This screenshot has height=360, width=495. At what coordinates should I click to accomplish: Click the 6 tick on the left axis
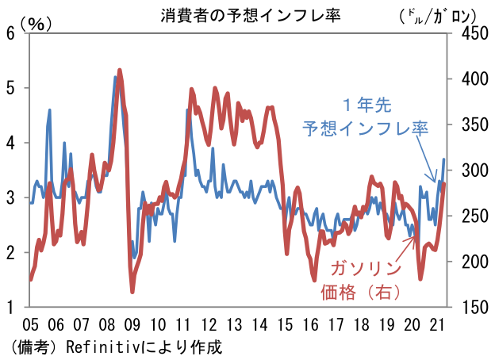point(11,33)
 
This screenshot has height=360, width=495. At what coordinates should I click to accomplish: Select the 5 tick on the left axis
point(11,88)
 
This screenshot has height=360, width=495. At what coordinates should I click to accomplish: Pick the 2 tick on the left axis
point(11,252)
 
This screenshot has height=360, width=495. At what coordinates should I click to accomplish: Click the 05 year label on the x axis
point(31,324)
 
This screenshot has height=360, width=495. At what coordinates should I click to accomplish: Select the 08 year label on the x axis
point(107,324)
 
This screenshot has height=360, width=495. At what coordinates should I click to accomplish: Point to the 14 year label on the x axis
point(259,324)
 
